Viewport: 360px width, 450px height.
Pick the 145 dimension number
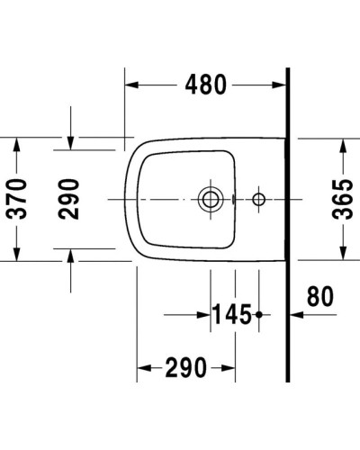coord(231,315)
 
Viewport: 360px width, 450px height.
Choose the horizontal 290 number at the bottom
coord(185,367)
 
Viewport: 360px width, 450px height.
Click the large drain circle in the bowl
coord(211,198)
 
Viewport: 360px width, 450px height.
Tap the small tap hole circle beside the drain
coord(259,198)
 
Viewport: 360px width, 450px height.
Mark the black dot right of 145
coord(259,315)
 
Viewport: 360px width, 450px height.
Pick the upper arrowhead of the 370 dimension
coord(16,144)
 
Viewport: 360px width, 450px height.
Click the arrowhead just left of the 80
coord(295,315)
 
